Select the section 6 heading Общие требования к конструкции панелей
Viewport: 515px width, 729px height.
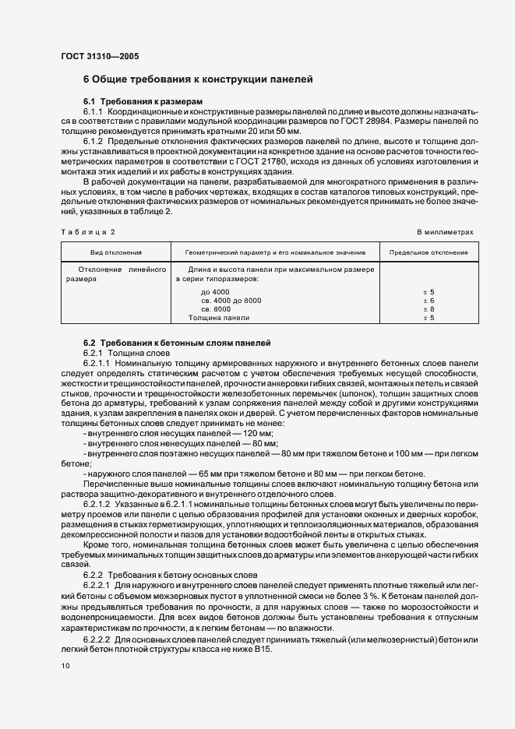click(x=198, y=79)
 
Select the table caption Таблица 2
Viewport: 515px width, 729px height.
click(x=87, y=232)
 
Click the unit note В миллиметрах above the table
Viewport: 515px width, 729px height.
click(x=444, y=232)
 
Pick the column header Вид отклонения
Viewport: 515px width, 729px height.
click(x=115, y=253)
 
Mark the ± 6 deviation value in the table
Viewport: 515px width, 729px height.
click(x=428, y=300)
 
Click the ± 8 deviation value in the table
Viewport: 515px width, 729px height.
click(x=428, y=309)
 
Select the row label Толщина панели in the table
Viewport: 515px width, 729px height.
click(x=219, y=318)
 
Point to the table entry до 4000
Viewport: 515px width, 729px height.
click(x=215, y=291)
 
